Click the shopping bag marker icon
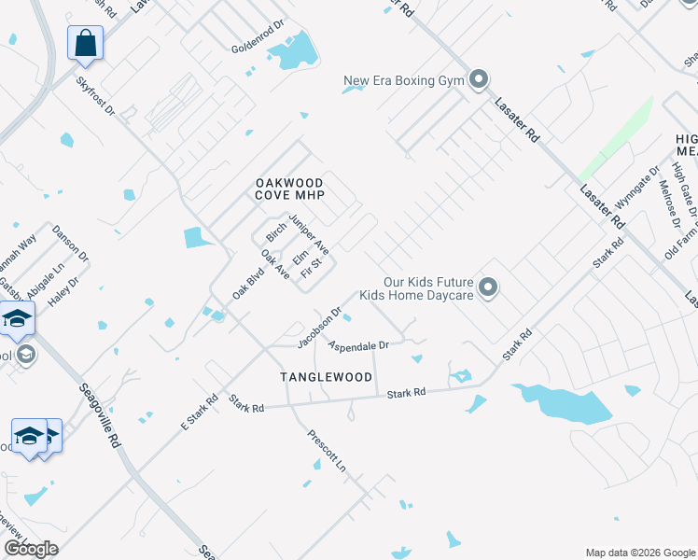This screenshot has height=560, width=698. (85, 42)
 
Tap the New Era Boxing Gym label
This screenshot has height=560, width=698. (404, 80)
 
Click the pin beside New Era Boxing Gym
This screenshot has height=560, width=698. (479, 80)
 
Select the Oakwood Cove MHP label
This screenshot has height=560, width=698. (289, 189)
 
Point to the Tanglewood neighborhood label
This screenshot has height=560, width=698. (327, 377)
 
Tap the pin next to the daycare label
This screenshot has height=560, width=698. (487, 288)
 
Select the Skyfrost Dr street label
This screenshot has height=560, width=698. (95, 96)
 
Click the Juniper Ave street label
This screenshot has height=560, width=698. (309, 233)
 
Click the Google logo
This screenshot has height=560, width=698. (31, 549)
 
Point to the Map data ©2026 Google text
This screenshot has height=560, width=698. (640, 552)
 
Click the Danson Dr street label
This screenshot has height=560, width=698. (70, 243)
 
